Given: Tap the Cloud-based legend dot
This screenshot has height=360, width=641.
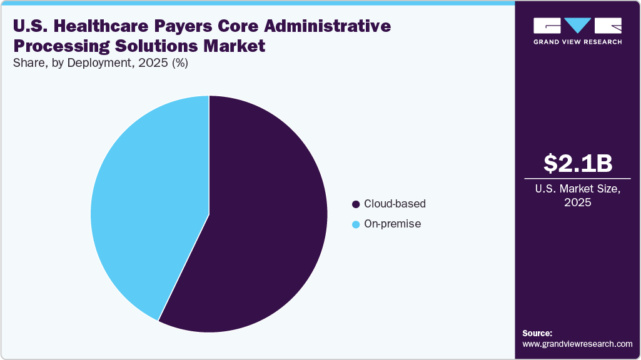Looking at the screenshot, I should [x=356, y=204].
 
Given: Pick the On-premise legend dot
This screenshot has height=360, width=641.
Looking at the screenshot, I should [x=356, y=224].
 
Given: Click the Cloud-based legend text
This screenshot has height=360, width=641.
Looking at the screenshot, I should [x=395, y=204].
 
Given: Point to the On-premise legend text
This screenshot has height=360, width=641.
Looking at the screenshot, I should [x=392, y=224].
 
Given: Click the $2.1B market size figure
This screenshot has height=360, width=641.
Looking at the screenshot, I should [x=578, y=163].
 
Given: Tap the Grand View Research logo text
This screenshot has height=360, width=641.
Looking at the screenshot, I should [x=577, y=42].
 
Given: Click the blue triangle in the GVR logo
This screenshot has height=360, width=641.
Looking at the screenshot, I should [x=577, y=26].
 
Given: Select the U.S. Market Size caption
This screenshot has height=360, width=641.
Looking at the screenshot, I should [x=578, y=188].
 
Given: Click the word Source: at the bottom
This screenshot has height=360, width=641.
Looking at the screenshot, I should [x=537, y=333].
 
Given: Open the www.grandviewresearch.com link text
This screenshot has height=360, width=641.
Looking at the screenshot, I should [x=577, y=344].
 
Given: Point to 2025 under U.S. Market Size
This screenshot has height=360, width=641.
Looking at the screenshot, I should [x=578, y=202].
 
